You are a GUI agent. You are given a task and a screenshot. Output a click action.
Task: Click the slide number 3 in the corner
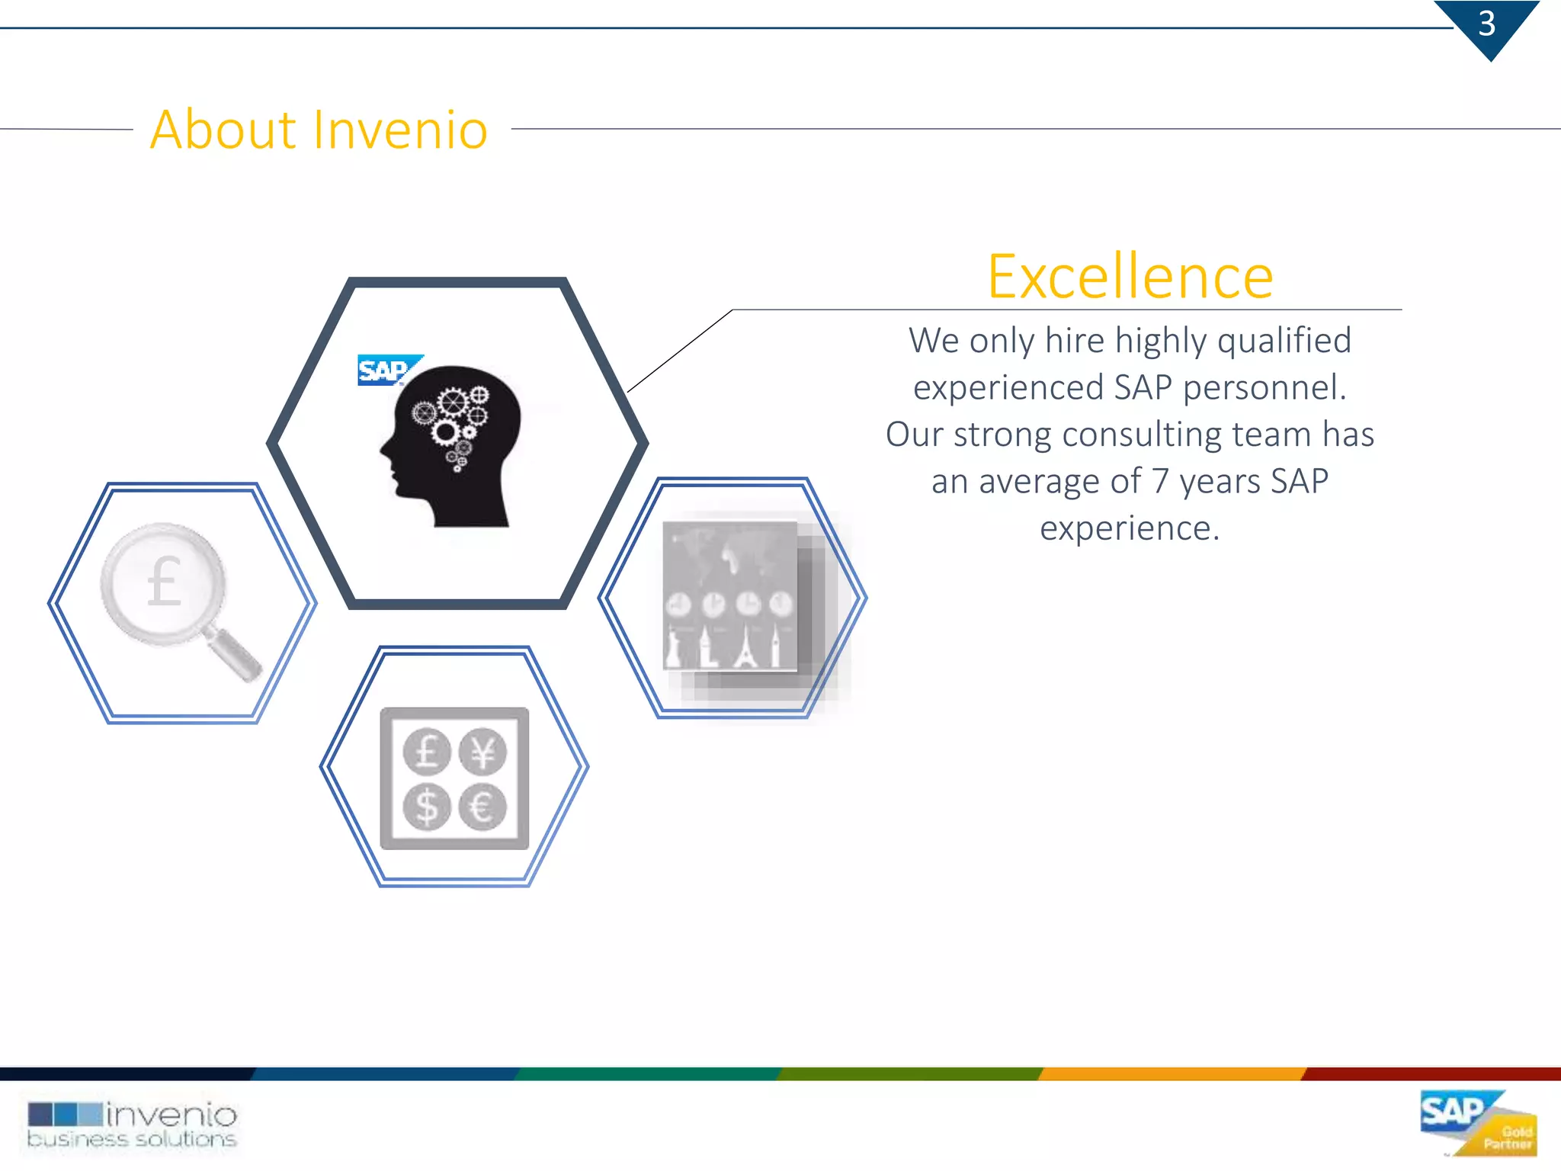click(1486, 24)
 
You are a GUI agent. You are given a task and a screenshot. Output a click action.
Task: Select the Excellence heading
click(1130, 276)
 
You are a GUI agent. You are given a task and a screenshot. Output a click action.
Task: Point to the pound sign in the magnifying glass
click(165, 582)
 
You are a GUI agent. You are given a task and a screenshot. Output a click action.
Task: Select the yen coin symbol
click(482, 752)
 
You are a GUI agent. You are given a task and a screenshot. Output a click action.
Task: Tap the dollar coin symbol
click(427, 807)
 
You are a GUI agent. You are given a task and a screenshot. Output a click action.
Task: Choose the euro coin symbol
click(482, 807)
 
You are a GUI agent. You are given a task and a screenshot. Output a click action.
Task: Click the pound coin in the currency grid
click(427, 752)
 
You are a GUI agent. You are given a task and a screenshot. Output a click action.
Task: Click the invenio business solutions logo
click(133, 1124)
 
